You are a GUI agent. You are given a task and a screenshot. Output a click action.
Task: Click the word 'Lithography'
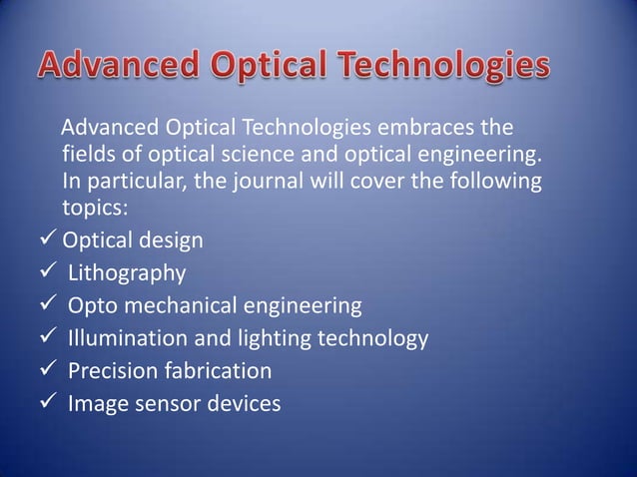(x=126, y=272)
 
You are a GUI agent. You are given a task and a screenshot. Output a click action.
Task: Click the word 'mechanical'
(x=176, y=305)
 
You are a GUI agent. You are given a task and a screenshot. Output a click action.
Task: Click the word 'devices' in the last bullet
(x=242, y=404)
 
